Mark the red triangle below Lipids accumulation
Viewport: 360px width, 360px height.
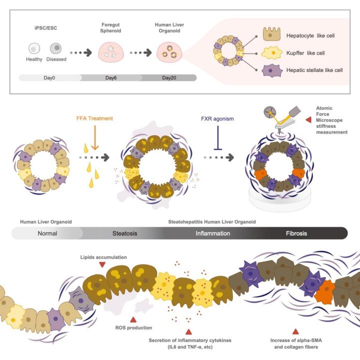pos(102,264)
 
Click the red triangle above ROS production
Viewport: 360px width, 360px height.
pos(133,319)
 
